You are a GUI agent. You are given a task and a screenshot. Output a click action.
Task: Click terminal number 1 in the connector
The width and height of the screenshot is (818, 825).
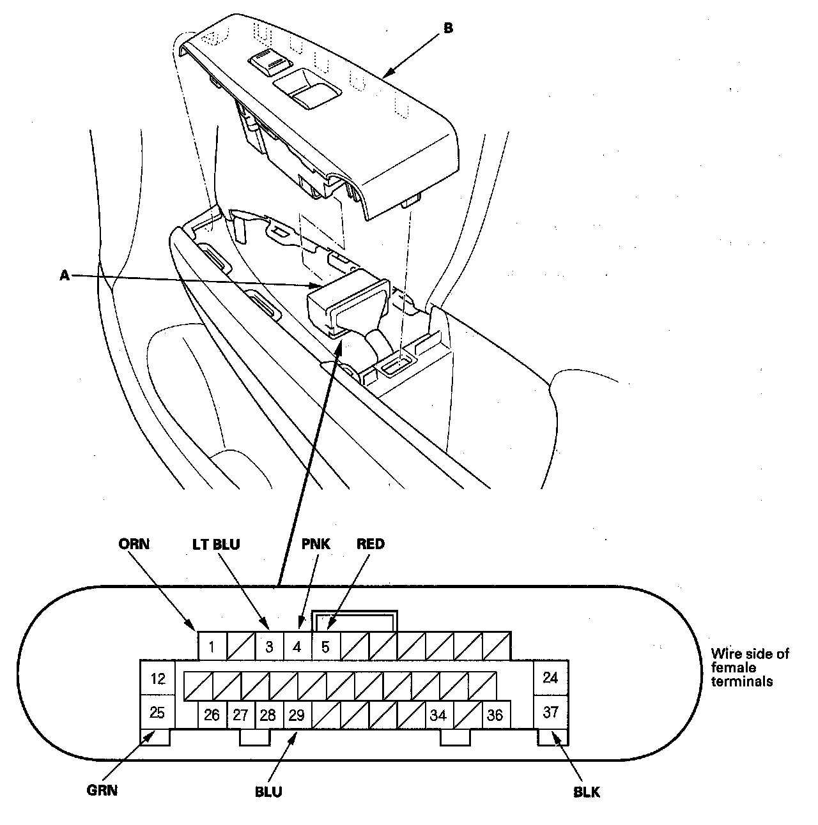coord(212,647)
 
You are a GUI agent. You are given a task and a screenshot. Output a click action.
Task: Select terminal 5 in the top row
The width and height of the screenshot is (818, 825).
coord(325,647)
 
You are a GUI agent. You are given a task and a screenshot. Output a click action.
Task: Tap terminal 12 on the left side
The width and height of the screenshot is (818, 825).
coord(157,678)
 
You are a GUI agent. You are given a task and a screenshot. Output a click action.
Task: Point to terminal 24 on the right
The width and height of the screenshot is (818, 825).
coord(550,677)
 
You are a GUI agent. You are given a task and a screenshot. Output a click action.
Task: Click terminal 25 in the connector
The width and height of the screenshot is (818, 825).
coord(157,712)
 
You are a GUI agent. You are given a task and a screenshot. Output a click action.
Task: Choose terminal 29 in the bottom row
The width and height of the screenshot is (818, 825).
coord(297,715)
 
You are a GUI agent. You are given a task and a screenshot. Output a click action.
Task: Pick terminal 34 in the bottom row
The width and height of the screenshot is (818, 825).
coord(438,715)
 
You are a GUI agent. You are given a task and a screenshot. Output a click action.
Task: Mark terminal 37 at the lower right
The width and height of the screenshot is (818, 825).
coord(550,712)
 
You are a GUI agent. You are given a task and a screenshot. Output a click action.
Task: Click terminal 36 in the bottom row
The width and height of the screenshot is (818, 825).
coord(495,715)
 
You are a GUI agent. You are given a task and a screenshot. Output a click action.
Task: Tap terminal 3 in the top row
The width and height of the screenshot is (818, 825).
coord(269,647)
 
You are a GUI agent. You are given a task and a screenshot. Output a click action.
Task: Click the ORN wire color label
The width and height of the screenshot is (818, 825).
coord(134,544)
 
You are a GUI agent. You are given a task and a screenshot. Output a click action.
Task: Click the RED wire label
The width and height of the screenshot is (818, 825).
coord(371,544)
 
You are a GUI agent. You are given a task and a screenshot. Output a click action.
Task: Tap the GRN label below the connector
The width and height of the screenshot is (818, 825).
coord(102,791)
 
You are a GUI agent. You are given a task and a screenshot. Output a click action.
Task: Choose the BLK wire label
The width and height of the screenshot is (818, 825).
coord(587,792)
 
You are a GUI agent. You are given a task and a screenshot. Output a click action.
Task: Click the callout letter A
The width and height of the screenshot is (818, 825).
coord(64,275)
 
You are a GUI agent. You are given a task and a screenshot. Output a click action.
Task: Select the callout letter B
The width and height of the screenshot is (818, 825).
coord(448,29)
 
